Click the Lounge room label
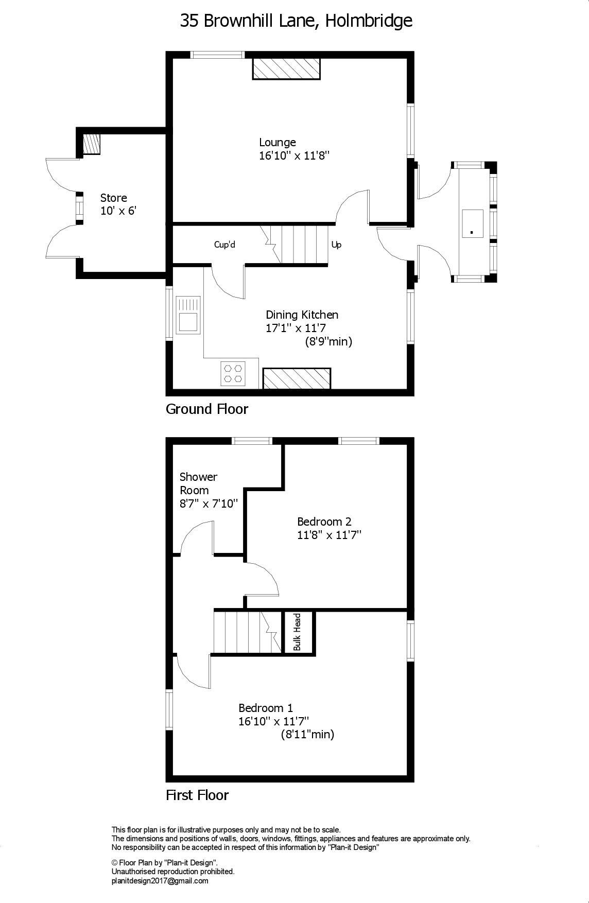click(x=277, y=143)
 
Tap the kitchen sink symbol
click(x=188, y=315)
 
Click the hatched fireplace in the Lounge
click(x=286, y=69)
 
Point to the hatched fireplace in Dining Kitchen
click(x=297, y=378)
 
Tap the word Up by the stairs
click(x=336, y=245)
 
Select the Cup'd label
click(x=224, y=245)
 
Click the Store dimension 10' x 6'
click(x=118, y=211)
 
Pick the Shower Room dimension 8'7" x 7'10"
click(x=209, y=504)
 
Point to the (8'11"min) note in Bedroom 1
click(x=307, y=735)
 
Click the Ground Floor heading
click(x=207, y=409)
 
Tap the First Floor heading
click(x=197, y=795)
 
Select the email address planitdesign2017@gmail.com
click(x=160, y=881)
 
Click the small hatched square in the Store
click(x=92, y=145)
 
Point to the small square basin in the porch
click(x=472, y=223)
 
